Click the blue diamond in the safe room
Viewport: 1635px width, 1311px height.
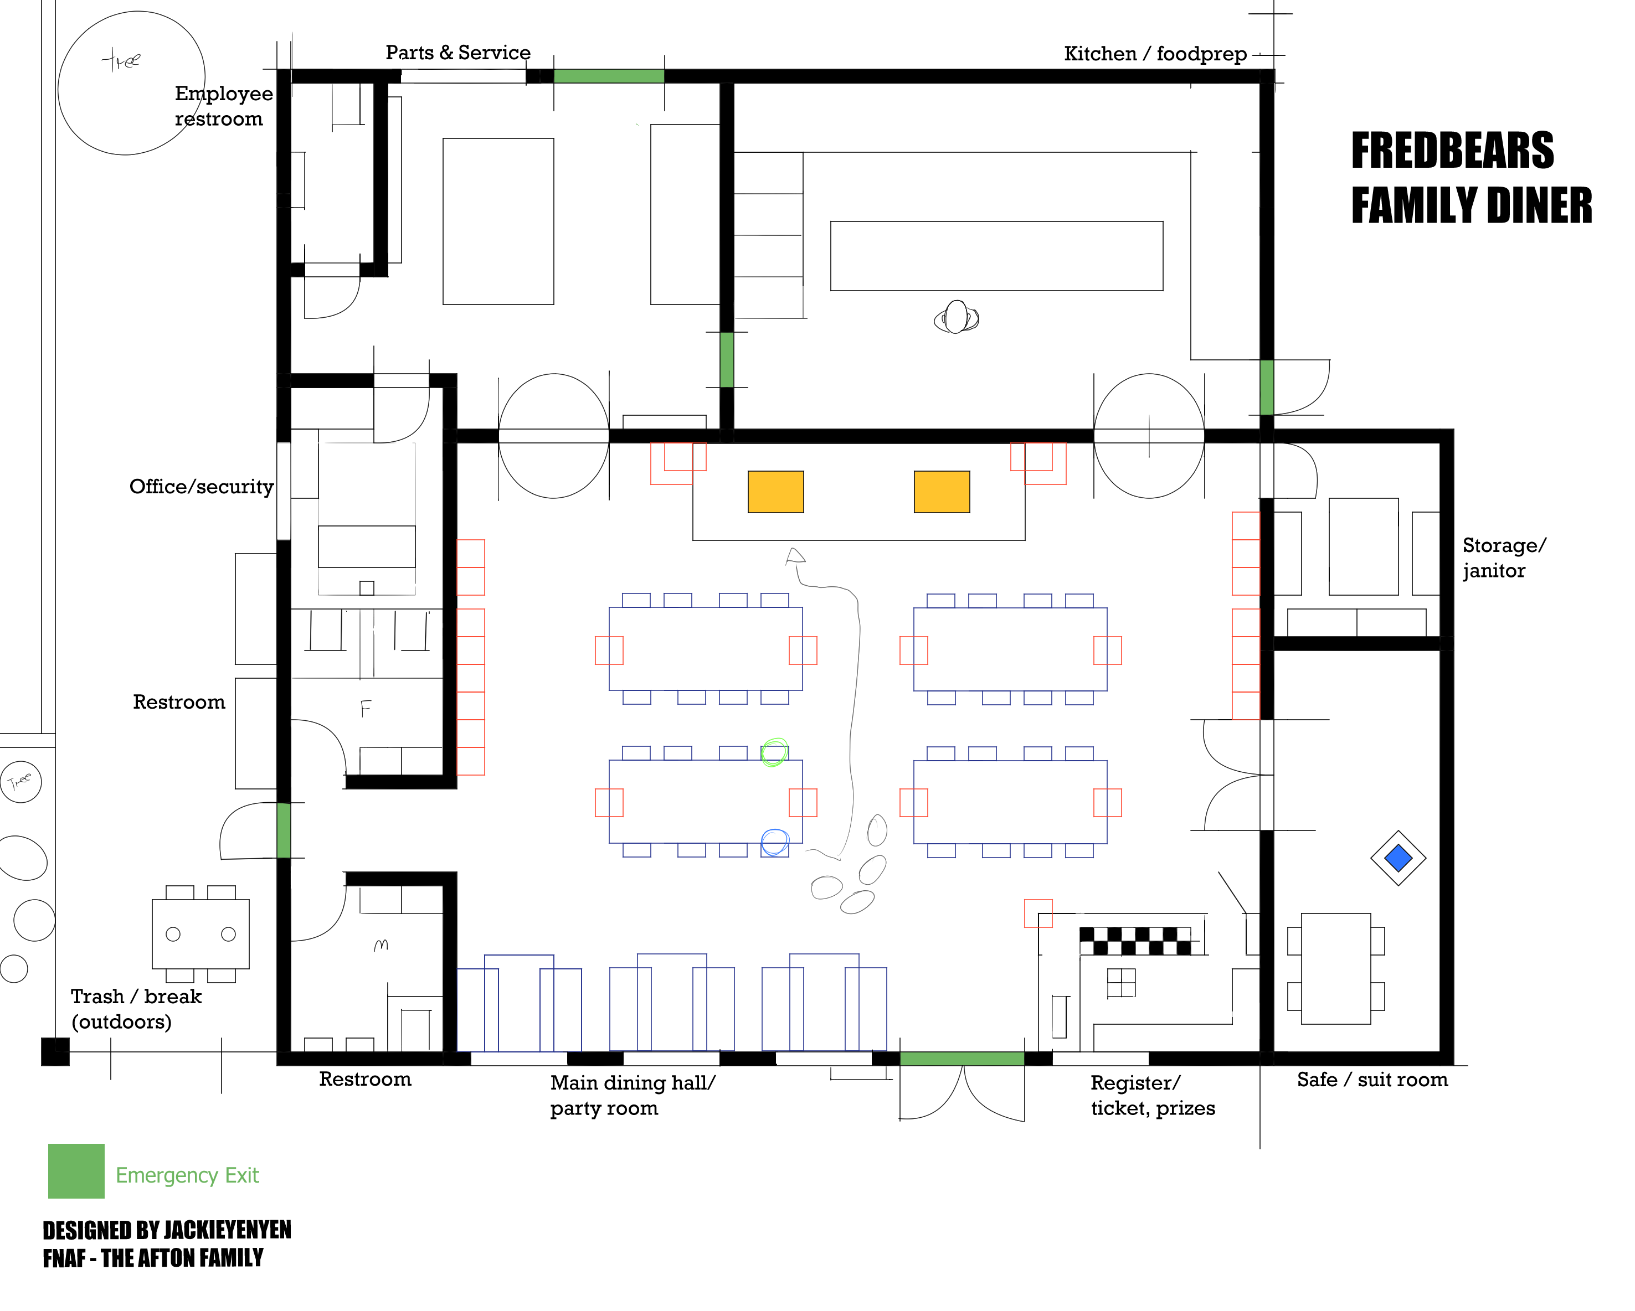coord(1397,858)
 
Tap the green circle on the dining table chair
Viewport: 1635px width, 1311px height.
coord(774,752)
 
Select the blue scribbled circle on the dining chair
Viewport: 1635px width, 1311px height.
coord(774,842)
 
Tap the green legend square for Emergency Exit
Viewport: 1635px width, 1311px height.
coord(76,1171)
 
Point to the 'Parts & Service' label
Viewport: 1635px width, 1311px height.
coord(458,53)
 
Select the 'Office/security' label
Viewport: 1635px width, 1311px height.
coord(201,487)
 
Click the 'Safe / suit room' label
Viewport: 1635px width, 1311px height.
coord(1372,1080)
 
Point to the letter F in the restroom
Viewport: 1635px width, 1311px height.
coord(366,709)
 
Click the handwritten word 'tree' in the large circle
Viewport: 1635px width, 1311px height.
coord(121,59)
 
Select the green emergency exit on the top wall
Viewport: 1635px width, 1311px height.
coord(609,76)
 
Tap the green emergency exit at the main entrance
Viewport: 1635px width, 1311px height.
coord(962,1059)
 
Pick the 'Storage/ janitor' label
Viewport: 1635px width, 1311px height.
coord(1504,558)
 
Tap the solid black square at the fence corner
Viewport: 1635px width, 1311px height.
coord(55,1052)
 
